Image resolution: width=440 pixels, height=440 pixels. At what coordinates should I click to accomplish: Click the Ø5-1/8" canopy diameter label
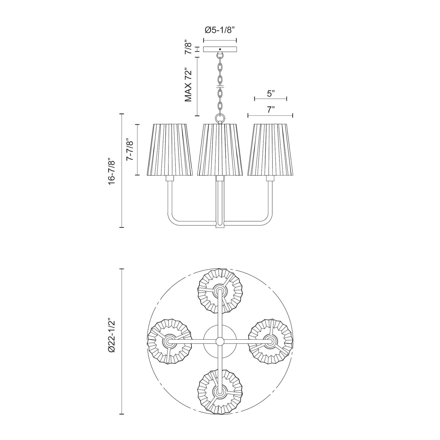coord(220,30)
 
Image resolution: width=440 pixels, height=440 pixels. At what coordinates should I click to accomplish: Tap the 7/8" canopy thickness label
coord(189,49)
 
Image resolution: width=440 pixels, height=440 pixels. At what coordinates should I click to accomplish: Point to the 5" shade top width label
coord(270,94)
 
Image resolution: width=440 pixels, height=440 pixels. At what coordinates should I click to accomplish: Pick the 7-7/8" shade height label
coord(130,150)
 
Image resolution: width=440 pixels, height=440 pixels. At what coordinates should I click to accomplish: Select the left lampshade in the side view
coord(170,150)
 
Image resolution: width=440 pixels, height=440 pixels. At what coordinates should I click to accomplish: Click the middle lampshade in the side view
coord(220,150)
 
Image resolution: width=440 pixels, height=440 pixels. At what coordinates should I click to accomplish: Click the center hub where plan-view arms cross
coord(219,341)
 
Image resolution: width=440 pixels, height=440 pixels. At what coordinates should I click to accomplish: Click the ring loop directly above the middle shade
coord(220,118)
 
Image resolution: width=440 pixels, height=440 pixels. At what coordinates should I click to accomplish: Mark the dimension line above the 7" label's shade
coord(270,116)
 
